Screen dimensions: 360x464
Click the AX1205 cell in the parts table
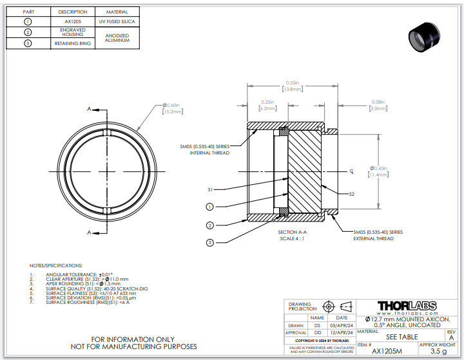(72, 22)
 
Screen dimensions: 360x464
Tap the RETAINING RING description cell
(72, 44)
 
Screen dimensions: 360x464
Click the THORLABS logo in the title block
(407, 306)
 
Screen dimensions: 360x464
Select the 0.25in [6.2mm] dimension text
(267, 105)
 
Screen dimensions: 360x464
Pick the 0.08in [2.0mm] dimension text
(378, 105)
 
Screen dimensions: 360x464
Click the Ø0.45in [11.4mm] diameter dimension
(378, 171)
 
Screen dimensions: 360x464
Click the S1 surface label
(210, 190)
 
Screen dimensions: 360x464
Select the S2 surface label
(351, 194)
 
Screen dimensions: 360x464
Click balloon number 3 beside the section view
(209, 242)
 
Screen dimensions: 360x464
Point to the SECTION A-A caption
(292, 232)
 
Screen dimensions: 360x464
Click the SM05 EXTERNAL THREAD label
(378, 235)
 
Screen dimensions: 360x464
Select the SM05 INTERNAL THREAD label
(205, 150)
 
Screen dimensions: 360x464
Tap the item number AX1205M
(387, 352)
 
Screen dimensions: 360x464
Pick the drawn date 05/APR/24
(342, 326)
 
